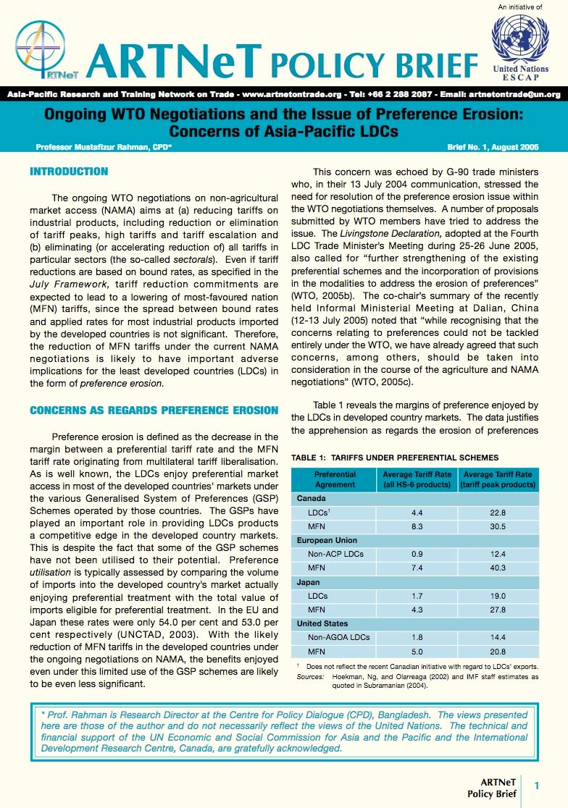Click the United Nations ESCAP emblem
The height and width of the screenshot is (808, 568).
[520, 38]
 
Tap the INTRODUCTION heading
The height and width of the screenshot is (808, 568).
[69, 172]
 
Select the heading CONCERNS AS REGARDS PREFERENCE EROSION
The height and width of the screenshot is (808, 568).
[154, 411]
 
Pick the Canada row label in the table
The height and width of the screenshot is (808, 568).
[312, 499]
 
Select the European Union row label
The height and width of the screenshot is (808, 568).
[327, 540]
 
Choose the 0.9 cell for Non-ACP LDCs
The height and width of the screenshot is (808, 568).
[417, 554]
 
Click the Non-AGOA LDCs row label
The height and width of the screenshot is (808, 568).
[338, 637]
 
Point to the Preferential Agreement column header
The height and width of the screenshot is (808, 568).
[335, 479]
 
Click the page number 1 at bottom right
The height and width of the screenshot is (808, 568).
[537, 786]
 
